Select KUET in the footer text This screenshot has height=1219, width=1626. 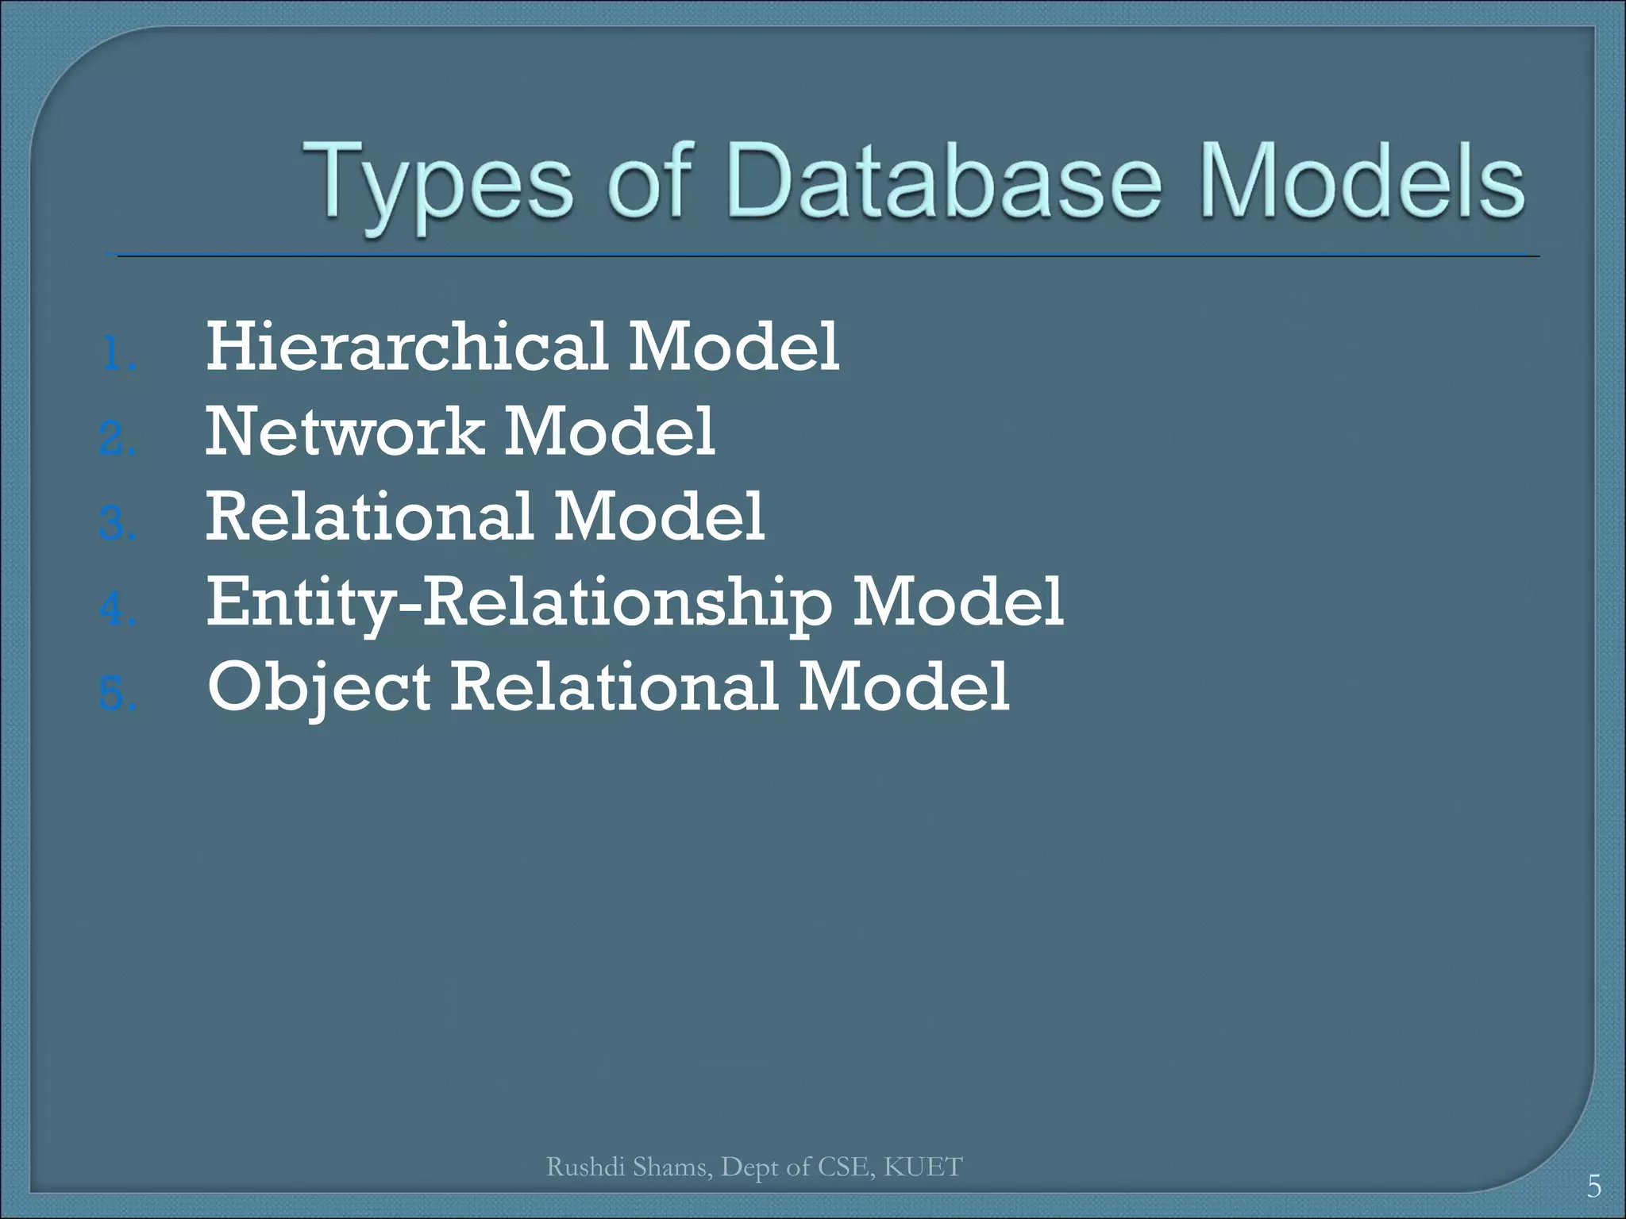click(x=923, y=1167)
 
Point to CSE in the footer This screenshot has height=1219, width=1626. click(x=844, y=1167)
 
